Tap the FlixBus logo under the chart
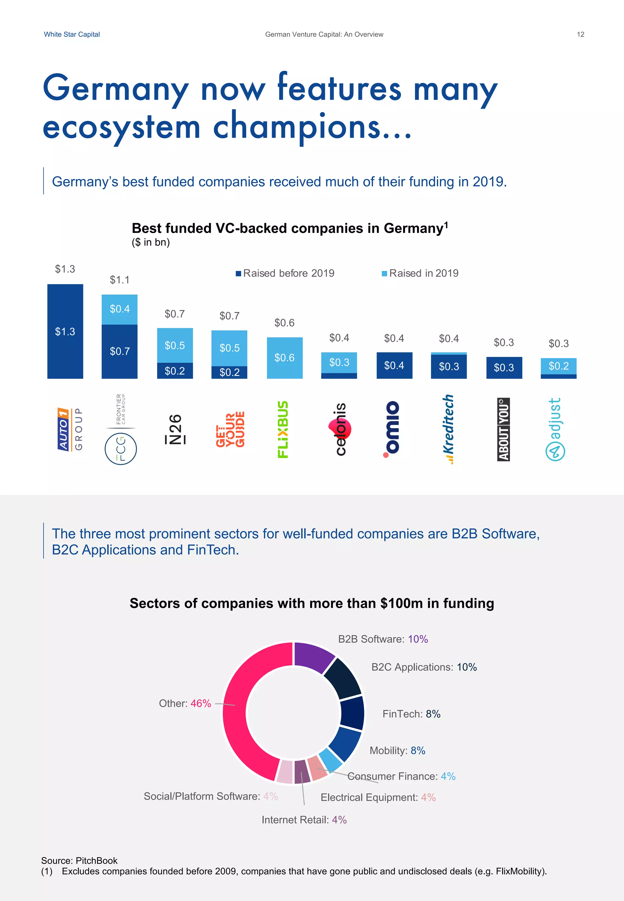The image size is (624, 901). click(x=283, y=429)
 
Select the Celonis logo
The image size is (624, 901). click(x=340, y=429)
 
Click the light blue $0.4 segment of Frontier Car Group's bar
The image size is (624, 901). click(x=120, y=309)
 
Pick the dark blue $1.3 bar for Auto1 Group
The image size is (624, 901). click(x=65, y=331)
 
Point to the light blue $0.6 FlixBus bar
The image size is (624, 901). click(x=284, y=357)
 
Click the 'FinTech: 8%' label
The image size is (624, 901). click(x=411, y=714)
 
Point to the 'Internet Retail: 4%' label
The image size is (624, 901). click(x=304, y=819)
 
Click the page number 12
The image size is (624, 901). click(x=580, y=34)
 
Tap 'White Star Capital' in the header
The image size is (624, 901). click(x=72, y=34)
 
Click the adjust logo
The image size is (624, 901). click(x=555, y=429)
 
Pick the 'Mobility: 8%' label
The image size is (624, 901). click(x=397, y=750)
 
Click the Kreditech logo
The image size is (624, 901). click(x=449, y=429)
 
